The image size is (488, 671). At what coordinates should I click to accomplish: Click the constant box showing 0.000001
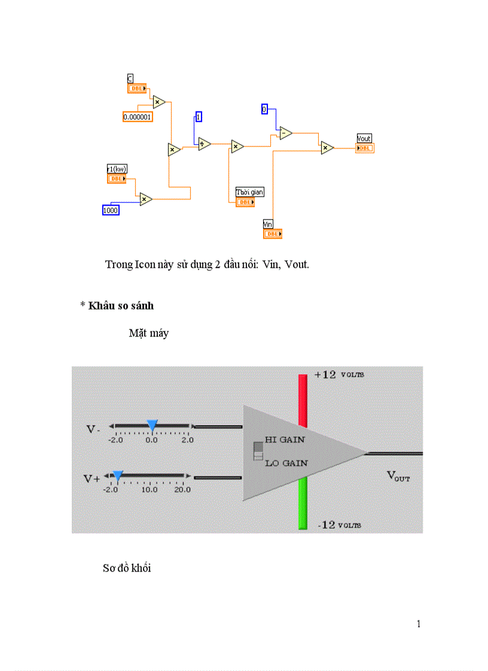[138, 117]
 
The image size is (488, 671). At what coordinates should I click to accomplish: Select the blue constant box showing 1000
[111, 210]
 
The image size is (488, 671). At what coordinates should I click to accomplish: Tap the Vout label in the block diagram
[364, 139]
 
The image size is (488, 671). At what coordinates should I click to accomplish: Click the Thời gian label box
[249, 192]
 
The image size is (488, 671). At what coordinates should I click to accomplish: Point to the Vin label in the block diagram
[268, 224]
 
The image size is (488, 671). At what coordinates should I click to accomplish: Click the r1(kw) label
[117, 169]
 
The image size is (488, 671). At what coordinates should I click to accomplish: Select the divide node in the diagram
[205, 143]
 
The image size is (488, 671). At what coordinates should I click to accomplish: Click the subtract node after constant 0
[286, 133]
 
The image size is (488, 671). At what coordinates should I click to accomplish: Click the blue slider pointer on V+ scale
[118, 476]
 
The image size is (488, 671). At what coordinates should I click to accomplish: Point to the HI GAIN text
[285, 439]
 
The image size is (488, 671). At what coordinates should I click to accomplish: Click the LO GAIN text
[286, 463]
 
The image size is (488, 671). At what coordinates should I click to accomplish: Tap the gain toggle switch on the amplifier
[258, 451]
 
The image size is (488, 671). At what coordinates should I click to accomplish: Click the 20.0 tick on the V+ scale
[182, 489]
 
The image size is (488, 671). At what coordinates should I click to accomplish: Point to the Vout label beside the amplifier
[398, 476]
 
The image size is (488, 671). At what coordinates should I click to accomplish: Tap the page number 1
[419, 624]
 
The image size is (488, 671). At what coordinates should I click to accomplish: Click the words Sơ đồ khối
[127, 568]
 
